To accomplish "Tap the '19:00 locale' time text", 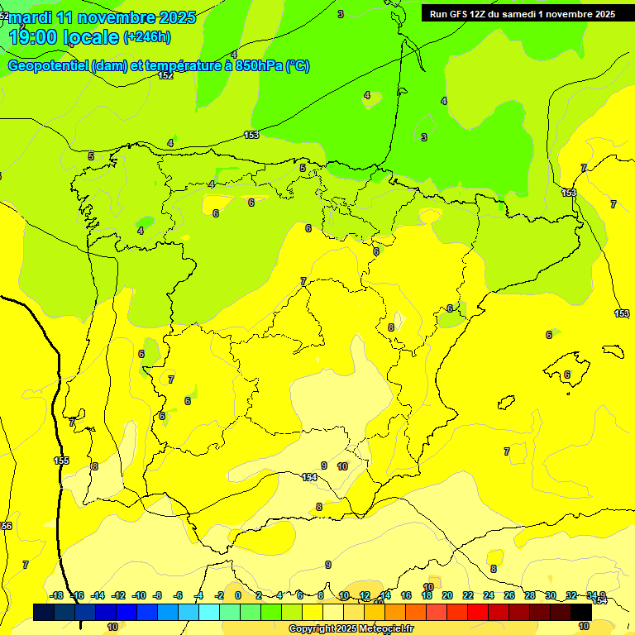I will (64, 37).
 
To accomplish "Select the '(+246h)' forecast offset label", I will (146, 37).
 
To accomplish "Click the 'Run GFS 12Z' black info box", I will (523, 13).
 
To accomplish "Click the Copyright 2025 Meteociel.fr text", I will (351, 629).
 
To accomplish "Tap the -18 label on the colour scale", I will (56, 595).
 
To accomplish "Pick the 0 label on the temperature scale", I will (237, 595).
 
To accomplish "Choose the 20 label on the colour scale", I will (446, 595).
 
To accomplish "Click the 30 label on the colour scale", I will (551, 595).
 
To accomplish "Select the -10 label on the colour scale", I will (139, 595).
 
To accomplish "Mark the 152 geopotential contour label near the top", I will (165, 75).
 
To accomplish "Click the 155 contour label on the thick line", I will (61, 461).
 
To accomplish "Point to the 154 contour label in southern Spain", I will (309, 477).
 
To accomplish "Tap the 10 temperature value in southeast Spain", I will (342, 466).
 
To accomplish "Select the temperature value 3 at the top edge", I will (341, 14).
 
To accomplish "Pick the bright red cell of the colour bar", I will (478, 612).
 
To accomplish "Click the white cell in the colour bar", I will (333, 612).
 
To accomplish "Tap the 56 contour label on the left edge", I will (7, 526).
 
